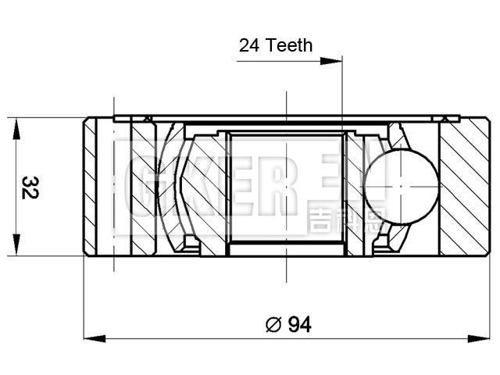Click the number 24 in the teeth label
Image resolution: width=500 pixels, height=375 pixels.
(249, 45)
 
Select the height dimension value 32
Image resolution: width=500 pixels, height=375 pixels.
(29, 187)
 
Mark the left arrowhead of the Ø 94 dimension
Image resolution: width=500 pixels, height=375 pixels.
(91, 338)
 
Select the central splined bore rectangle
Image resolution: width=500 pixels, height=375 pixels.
(287, 191)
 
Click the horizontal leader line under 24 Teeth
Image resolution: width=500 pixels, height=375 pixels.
(289, 59)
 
